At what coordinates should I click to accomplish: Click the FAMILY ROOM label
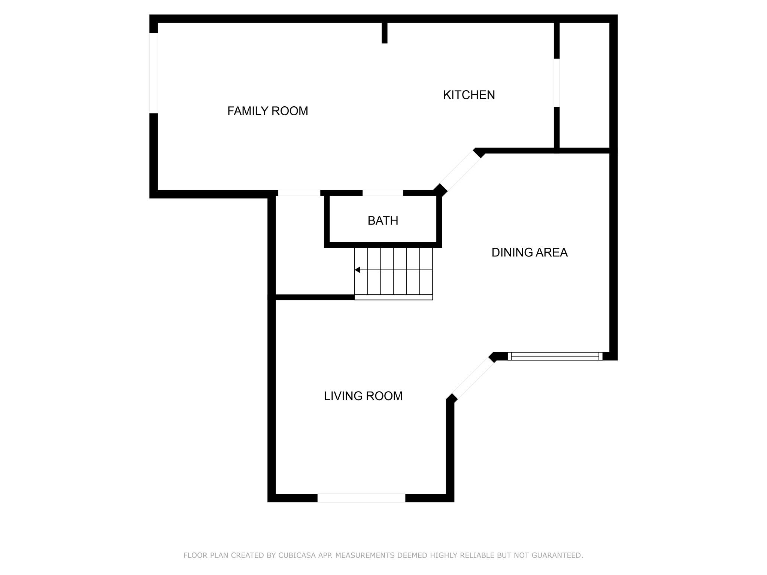268,111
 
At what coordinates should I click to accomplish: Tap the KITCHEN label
469,95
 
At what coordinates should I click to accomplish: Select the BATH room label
383,221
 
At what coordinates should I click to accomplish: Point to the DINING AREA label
530,253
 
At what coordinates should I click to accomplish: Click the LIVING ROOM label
363,396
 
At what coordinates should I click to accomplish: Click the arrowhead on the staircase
357,270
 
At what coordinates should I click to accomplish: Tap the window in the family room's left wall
154,73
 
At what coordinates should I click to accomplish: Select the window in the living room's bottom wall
361,498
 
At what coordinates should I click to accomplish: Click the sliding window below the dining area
555,356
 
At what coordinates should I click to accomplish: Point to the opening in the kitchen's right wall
557,83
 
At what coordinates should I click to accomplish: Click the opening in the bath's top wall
383,193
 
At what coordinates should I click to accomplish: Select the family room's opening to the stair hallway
299,193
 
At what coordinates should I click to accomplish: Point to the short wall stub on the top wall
384,33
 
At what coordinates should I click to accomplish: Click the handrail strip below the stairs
394,297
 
